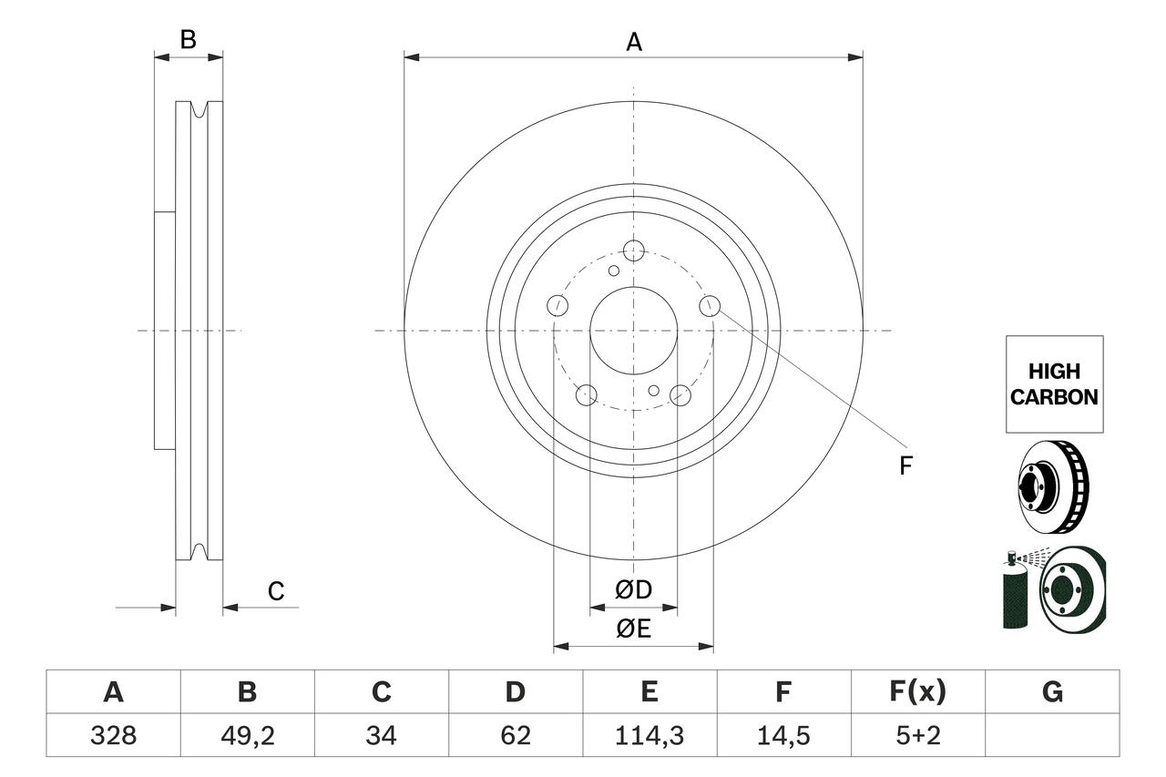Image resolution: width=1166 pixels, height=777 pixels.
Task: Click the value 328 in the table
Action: pos(114,735)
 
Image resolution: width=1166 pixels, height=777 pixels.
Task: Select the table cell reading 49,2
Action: pos(248,735)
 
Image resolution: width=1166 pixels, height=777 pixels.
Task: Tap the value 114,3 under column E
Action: pos(649,735)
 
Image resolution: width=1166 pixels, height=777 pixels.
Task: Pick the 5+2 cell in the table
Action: pos(917,735)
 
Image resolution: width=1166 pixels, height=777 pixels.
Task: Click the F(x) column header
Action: pos(917,692)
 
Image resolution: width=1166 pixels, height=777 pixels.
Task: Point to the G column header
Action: pos(1052,692)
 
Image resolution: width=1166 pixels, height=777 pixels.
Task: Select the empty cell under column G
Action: pos(1052,735)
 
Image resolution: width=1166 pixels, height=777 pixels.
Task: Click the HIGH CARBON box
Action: pos(1054,384)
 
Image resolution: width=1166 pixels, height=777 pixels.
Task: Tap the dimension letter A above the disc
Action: pos(633,42)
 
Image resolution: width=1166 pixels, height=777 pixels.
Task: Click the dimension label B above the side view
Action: pos(188,40)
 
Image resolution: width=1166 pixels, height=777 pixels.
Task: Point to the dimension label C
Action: pos(276,592)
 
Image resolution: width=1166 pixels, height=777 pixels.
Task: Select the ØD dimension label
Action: pos(633,590)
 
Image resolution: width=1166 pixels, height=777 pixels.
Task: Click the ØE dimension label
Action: pos(633,629)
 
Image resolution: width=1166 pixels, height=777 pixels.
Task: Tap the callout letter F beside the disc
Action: pos(905,466)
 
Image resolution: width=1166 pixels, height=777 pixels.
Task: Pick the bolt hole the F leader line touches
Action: pos(710,305)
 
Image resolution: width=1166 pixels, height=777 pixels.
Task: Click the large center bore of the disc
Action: pos(633,331)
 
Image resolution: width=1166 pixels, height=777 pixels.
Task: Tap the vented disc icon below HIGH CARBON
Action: pos(1051,486)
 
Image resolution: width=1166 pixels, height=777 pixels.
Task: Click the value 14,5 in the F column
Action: pos(783,735)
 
